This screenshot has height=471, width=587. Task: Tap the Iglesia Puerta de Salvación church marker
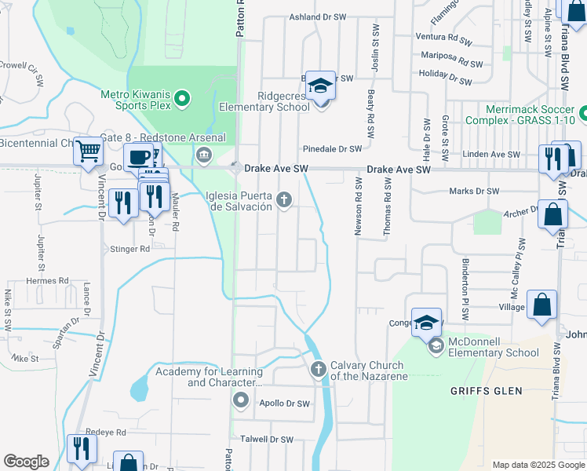(285, 202)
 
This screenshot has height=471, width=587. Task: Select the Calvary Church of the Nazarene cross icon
(319, 369)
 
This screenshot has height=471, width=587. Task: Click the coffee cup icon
(138, 156)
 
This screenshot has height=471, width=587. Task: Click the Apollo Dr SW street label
(285, 404)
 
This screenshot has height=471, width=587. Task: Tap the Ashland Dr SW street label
(318, 16)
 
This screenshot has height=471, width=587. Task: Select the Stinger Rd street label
(129, 249)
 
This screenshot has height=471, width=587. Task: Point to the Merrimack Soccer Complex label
(530, 115)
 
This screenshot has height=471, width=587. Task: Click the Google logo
(26, 461)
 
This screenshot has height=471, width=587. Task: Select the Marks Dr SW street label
(474, 191)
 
